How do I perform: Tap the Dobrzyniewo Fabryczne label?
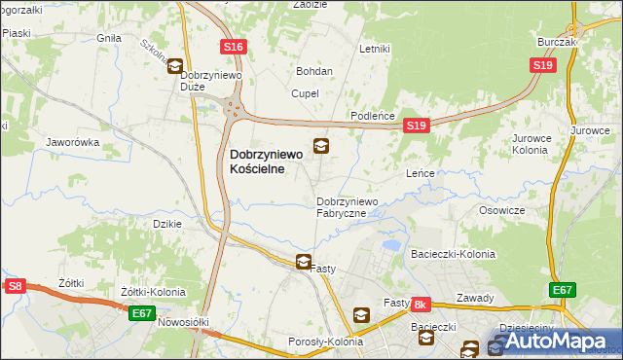click(x=353, y=207)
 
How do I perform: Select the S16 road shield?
click(x=233, y=47)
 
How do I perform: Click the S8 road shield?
click(x=15, y=286)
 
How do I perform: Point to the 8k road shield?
click(x=421, y=305)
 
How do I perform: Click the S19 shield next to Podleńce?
click(x=417, y=126)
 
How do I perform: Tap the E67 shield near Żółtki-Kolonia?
click(x=142, y=312)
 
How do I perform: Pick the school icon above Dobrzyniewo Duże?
click(x=175, y=66)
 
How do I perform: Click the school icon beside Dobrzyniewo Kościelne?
click(x=320, y=147)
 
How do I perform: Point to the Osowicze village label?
click(x=502, y=210)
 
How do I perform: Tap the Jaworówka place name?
click(x=74, y=142)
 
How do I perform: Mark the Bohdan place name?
click(x=314, y=71)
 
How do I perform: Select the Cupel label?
click(x=305, y=93)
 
